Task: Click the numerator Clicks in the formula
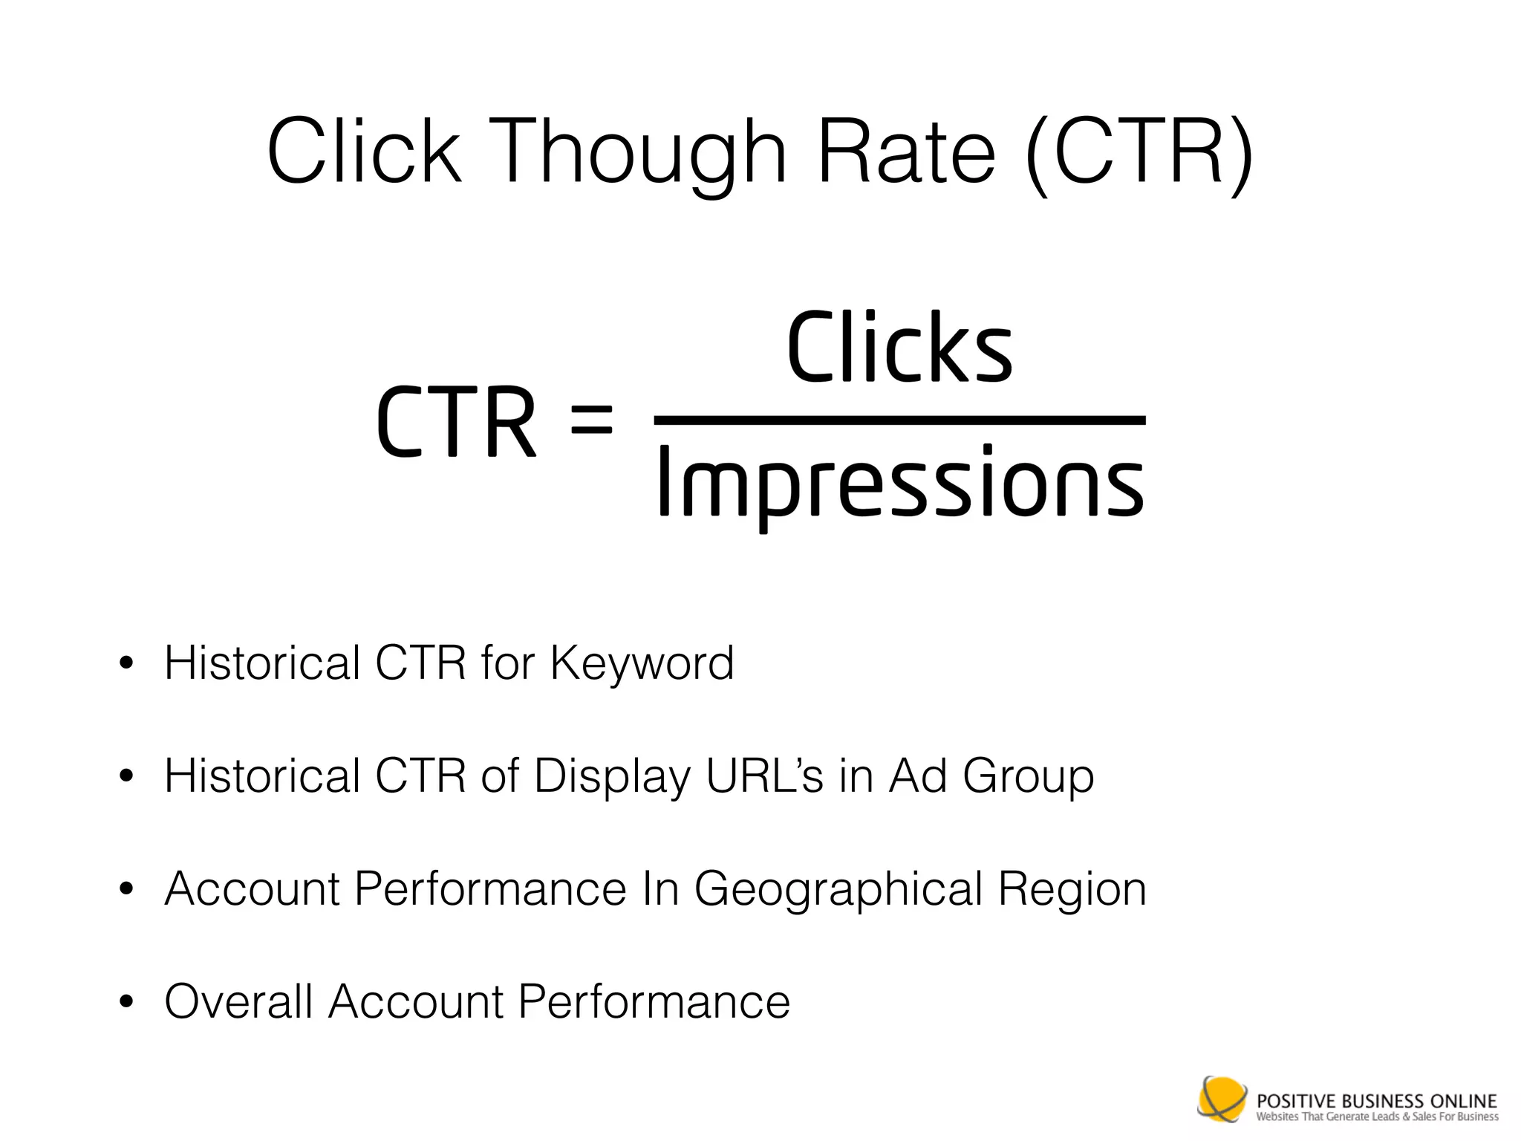(899, 348)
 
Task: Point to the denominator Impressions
(899, 483)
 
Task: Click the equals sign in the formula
(591, 420)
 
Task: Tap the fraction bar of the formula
(899, 420)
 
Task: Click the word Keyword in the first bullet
(642, 663)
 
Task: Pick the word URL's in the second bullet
(764, 776)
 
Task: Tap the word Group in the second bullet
(1028, 777)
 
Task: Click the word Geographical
(838, 889)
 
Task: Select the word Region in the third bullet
(1072, 889)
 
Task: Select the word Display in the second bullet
(612, 777)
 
